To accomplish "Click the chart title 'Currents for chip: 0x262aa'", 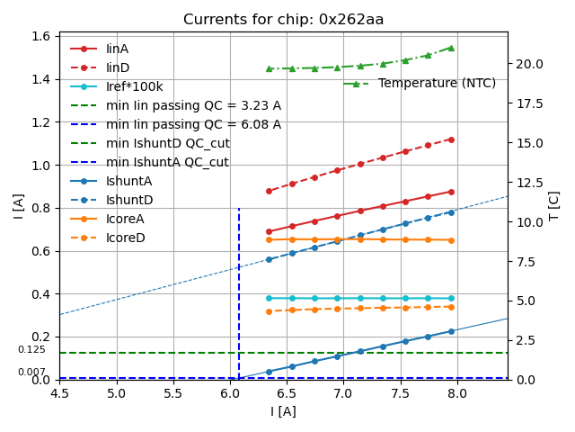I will [x=283, y=20].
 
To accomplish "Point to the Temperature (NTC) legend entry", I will [x=437, y=84].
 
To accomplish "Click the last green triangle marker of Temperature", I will [x=451, y=48].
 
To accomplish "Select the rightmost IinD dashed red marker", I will [x=451, y=139].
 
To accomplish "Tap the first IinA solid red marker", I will [x=269, y=231].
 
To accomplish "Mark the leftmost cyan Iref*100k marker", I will [x=269, y=298].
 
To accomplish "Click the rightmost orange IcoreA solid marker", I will [x=451, y=240].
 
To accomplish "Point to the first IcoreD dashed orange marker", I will [x=269, y=311].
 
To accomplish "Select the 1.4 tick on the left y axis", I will [x=41, y=79].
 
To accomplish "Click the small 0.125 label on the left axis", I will [x=31, y=349].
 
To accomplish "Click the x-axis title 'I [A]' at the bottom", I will [x=283, y=411].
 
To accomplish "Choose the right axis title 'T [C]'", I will [x=554, y=205].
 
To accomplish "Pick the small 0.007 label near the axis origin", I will [x=31, y=372].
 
